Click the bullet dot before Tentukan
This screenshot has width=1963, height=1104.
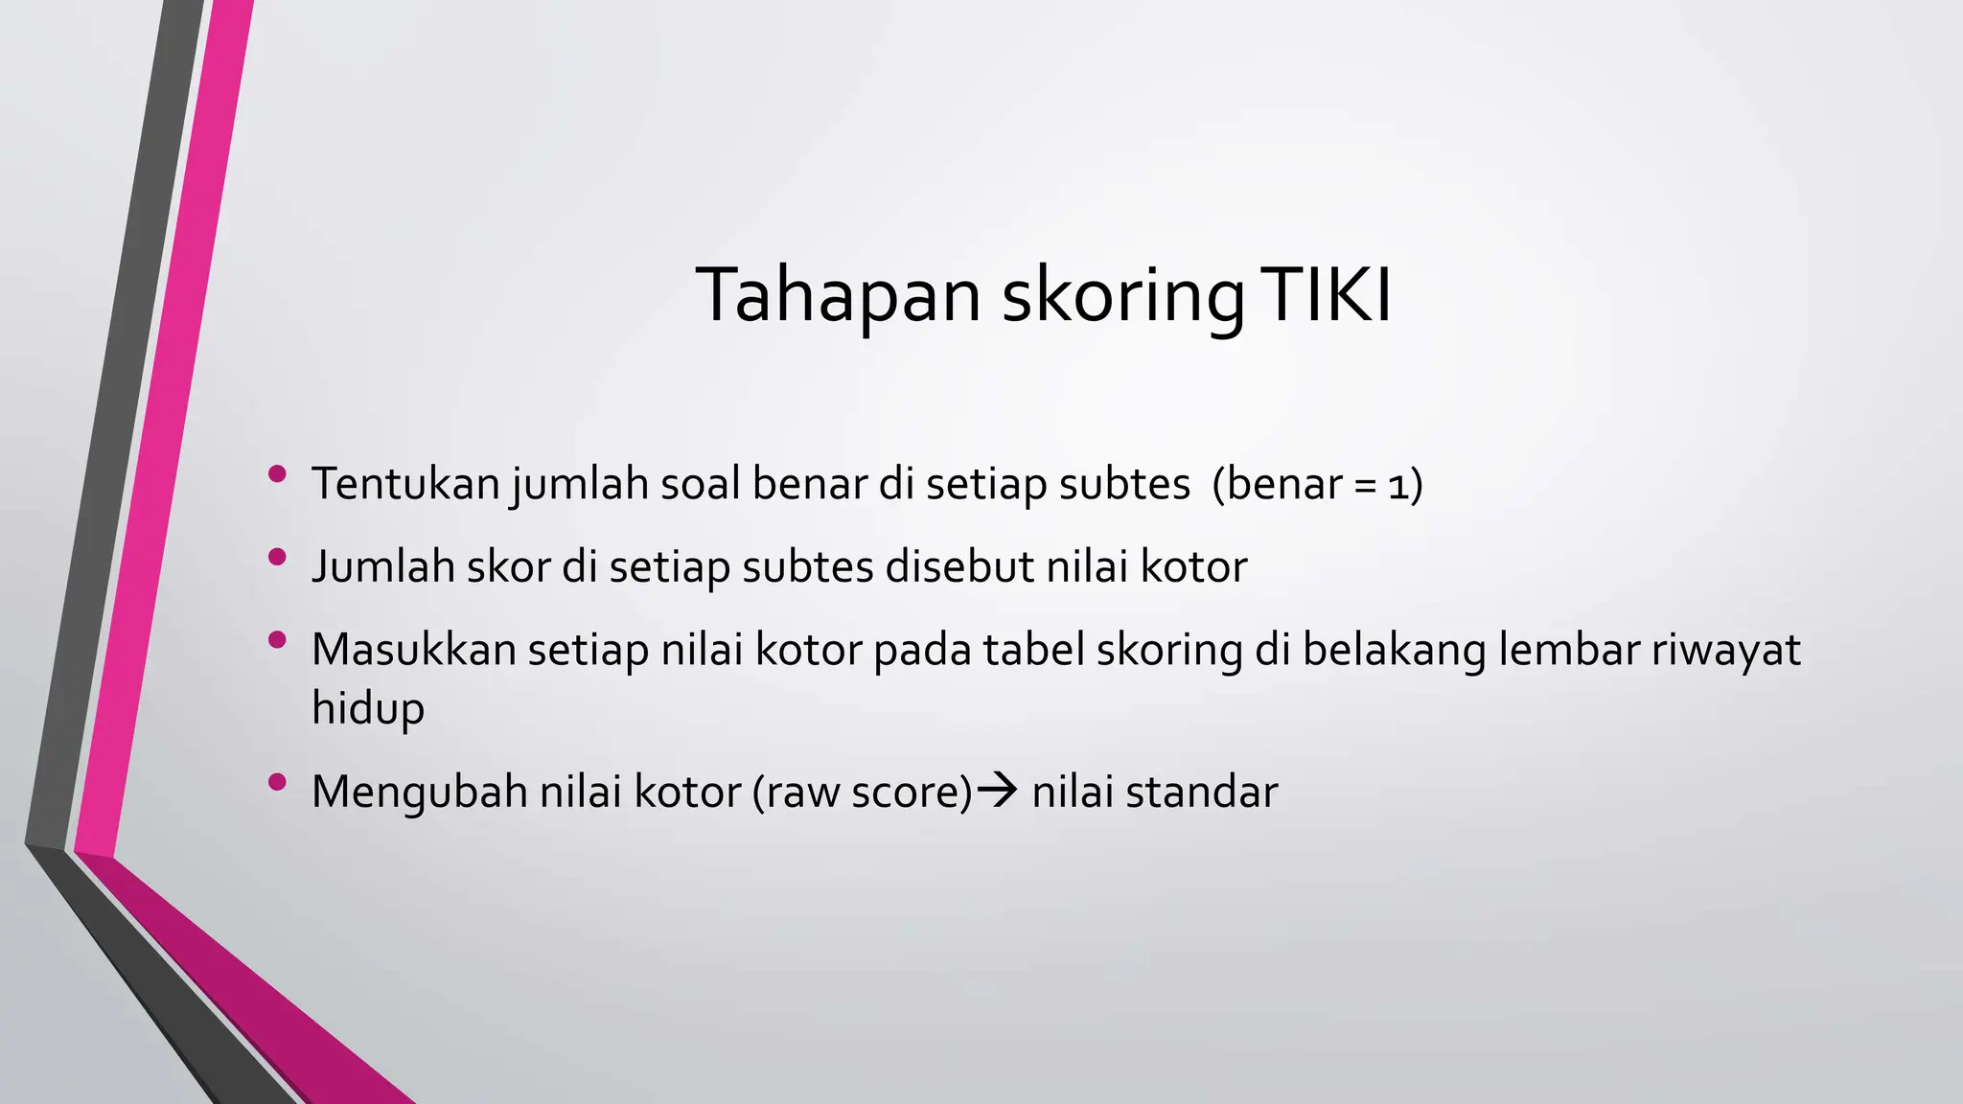tap(278, 473)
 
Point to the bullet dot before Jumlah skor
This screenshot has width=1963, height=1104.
tap(278, 557)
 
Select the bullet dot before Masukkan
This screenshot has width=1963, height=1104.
tap(278, 640)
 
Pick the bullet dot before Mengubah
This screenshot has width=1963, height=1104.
tap(278, 782)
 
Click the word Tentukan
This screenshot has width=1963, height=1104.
tap(405, 483)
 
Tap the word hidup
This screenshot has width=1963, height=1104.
tap(368, 709)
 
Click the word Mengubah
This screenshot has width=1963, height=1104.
tap(419, 793)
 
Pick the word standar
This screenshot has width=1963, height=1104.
tap(1202, 793)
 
